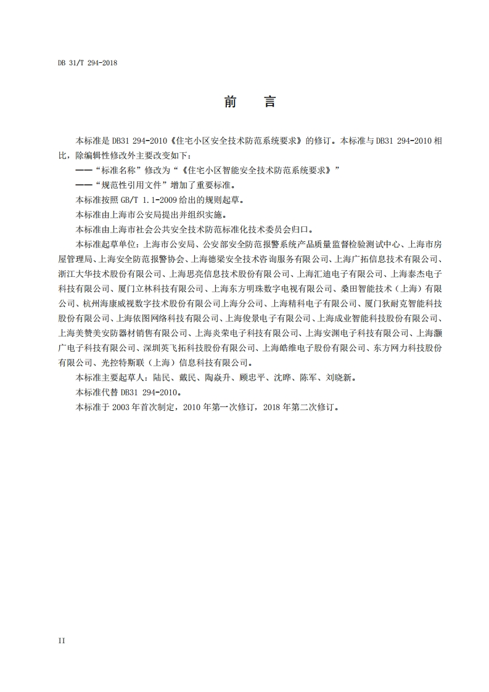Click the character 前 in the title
231,102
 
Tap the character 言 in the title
269,102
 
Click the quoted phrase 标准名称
118,170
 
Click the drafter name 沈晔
281,377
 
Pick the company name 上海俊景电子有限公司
267,318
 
